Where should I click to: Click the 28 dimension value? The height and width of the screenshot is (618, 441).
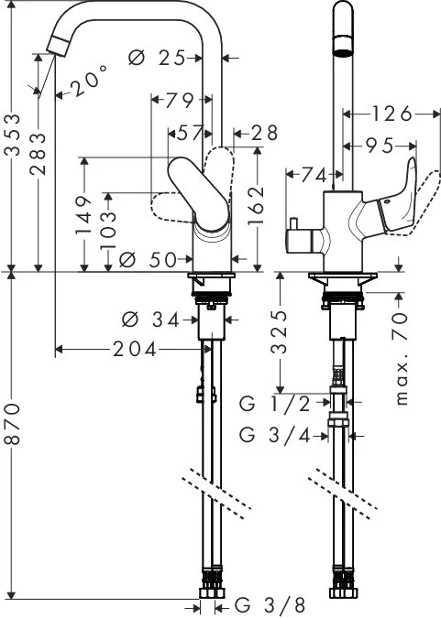[x=263, y=134]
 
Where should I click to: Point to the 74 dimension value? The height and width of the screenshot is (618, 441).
[x=314, y=173]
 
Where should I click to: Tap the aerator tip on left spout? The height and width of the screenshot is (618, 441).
[x=57, y=44]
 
